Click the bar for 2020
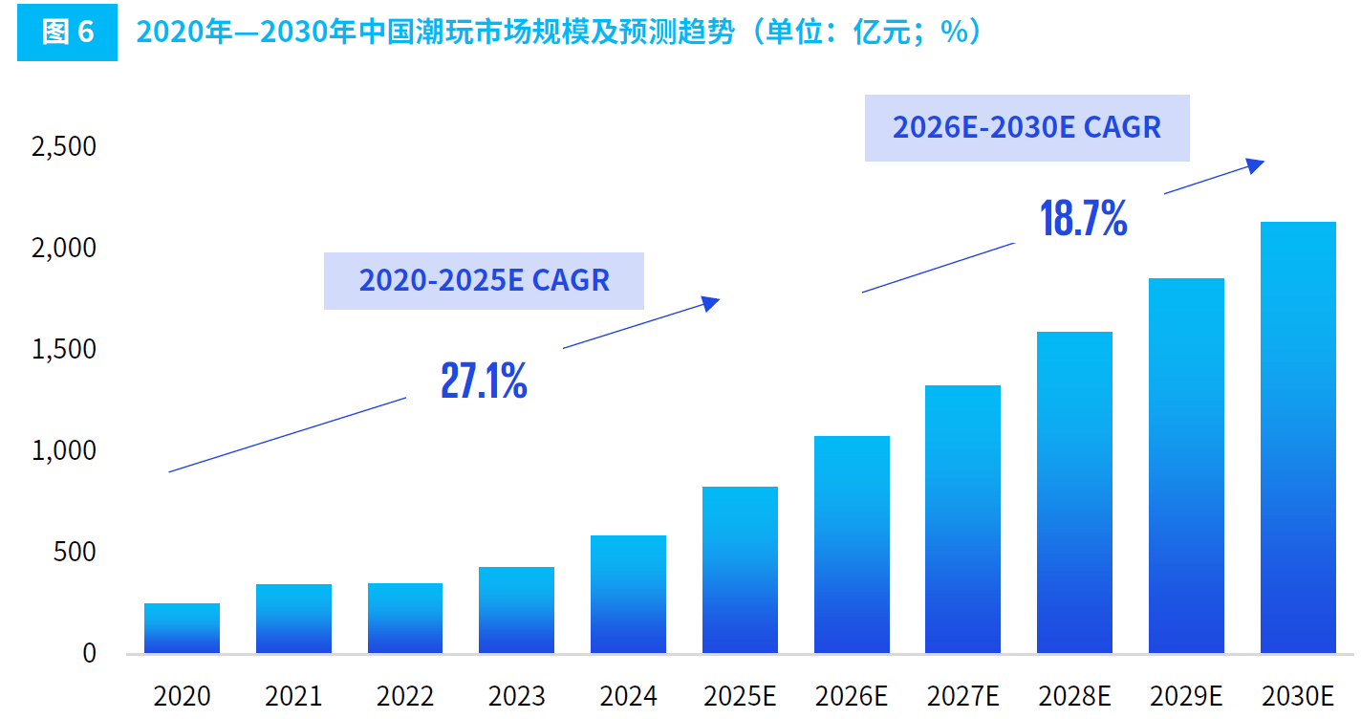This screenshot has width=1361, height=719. click(182, 628)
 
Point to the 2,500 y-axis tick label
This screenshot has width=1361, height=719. click(64, 146)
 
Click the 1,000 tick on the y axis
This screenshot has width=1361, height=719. click(64, 450)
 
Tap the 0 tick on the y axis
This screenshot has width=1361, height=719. click(89, 653)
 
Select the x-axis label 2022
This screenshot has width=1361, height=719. click(405, 696)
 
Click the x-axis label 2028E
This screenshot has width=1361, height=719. click(1074, 696)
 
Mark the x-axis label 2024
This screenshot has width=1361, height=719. click(628, 696)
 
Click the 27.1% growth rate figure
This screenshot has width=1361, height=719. click(484, 381)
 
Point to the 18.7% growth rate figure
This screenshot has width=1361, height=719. click(1083, 220)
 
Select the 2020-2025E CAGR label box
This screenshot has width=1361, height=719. click(484, 280)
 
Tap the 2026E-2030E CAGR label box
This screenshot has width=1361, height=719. click(1026, 127)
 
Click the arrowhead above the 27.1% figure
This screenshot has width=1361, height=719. click(711, 303)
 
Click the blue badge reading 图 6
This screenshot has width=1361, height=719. click(67, 33)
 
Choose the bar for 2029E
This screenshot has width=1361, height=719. click(1186, 466)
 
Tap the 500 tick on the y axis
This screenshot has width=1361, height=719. click(75, 552)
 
